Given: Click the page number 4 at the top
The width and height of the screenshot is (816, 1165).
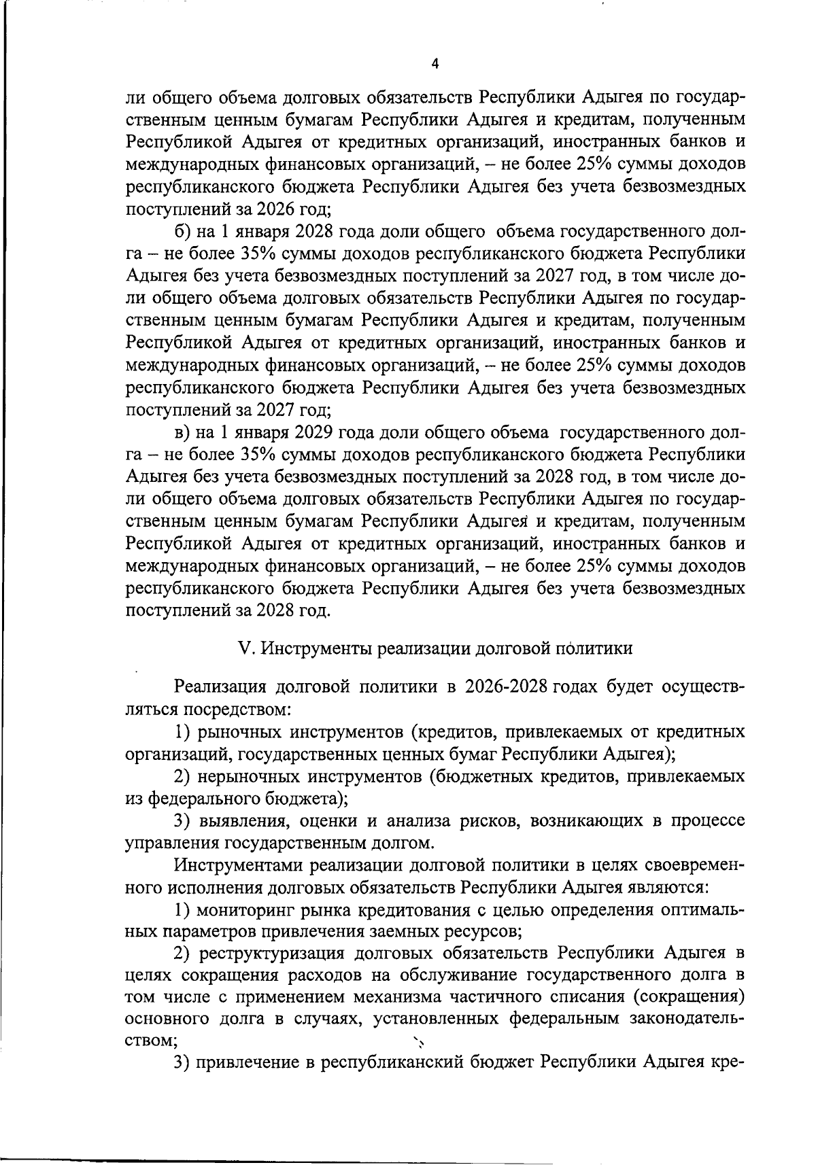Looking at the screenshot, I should pos(435,64).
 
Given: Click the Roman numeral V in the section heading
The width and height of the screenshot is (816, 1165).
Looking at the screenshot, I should pos(245,648).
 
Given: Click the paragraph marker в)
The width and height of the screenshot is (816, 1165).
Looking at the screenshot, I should pos(183,432).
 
